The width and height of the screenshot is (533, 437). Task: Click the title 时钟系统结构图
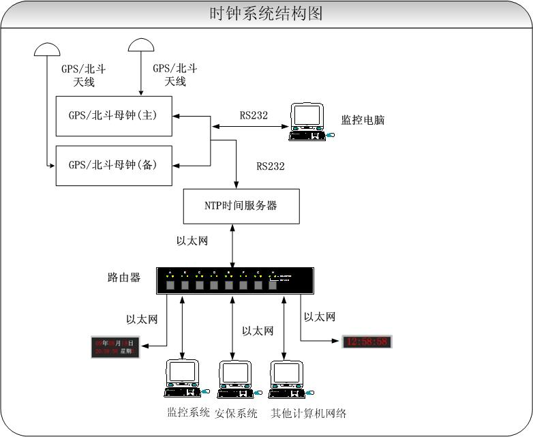266,14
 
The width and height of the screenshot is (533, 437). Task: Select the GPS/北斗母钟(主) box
113,115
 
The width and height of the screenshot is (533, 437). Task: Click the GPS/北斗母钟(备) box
113,164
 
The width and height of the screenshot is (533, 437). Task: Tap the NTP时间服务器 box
241,205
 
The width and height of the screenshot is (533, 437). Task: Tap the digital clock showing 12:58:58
367,342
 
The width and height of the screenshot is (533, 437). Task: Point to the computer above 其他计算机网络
287,378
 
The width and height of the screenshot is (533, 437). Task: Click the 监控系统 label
189,412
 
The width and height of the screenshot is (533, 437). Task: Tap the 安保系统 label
237,413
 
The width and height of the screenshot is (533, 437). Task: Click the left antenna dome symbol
46,50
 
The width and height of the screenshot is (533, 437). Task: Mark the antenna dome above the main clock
141,44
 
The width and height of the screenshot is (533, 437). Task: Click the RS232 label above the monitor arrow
254,115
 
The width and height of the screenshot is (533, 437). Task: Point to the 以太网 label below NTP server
192,241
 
